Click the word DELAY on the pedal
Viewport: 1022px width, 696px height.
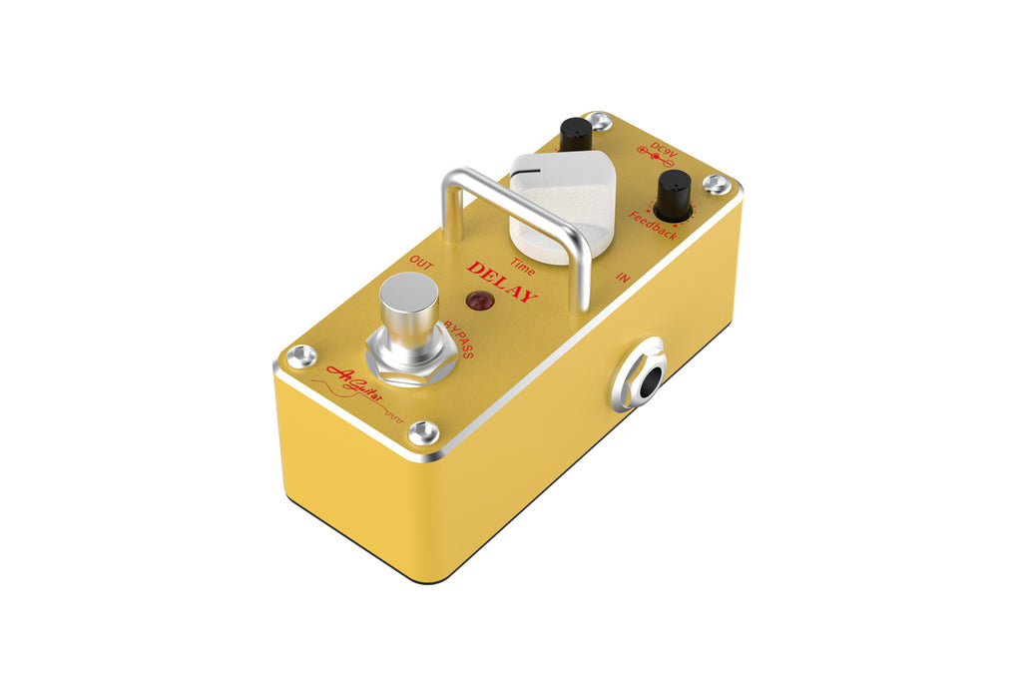(503, 282)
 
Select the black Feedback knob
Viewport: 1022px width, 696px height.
(675, 194)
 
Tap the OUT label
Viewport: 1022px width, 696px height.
(420, 263)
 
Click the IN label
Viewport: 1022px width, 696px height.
(623, 279)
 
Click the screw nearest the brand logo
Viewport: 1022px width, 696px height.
(423, 431)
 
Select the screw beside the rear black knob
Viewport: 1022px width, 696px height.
(598, 121)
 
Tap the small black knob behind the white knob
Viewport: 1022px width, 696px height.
(575, 134)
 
